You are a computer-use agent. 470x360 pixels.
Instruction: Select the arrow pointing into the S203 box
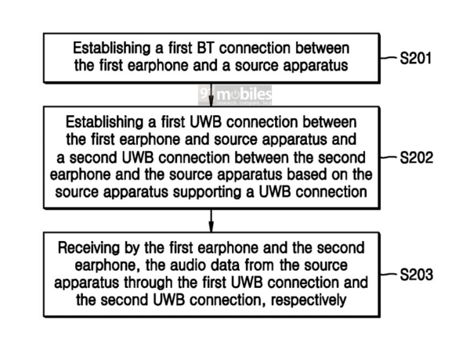(211, 223)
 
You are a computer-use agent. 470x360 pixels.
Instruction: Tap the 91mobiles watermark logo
(234, 95)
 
